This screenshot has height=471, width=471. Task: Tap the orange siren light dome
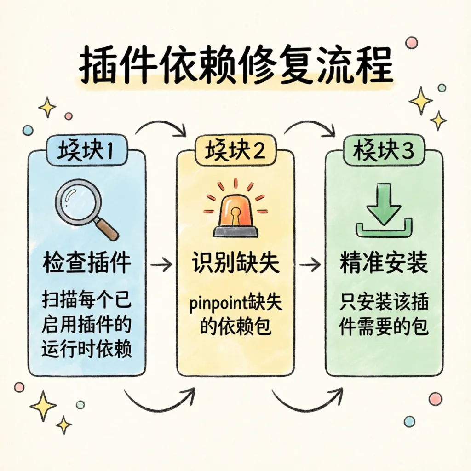(235, 212)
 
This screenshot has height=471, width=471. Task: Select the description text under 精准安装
(384, 315)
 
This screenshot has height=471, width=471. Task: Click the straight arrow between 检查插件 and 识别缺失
(161, 264)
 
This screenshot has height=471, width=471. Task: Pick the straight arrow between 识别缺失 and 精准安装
(310, 264)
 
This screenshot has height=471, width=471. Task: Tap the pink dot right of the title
(411, 43)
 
